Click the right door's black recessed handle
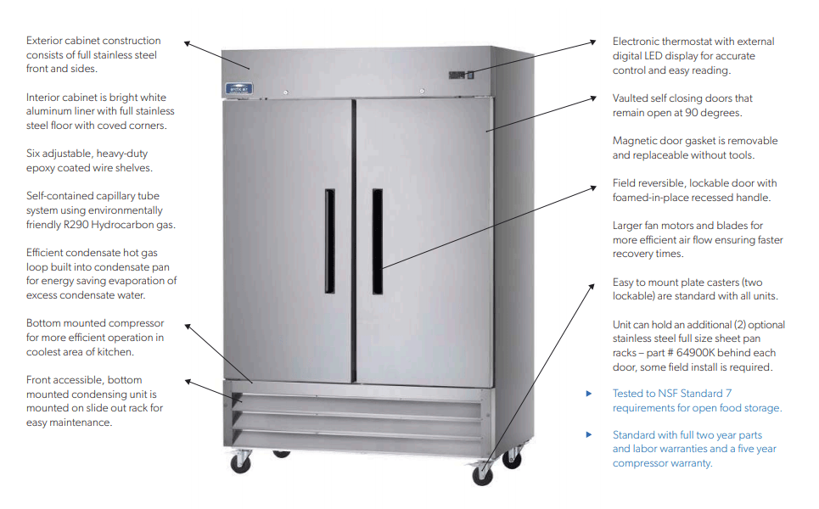[377, 242]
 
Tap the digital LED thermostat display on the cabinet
[458, 76]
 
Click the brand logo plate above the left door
[241, 87]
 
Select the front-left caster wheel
[243, 463]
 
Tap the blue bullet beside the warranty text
[589, 434]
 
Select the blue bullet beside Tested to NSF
[589, 394]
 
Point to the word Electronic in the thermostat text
[637, 42]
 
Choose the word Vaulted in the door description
[631, 98]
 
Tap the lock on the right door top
[422, 92]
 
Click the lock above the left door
[287, 92]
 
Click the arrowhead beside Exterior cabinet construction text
[188, 42]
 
